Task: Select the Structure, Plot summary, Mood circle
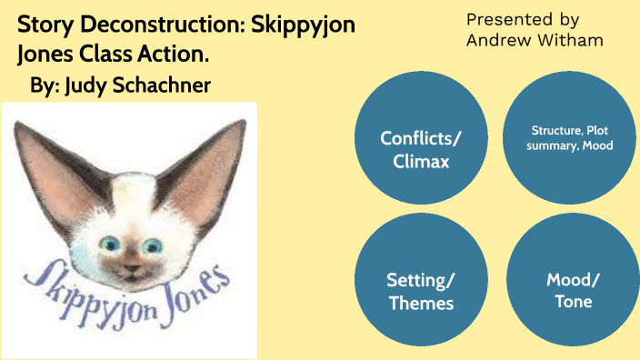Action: coord(569,137)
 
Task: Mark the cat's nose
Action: coord(131,263)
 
